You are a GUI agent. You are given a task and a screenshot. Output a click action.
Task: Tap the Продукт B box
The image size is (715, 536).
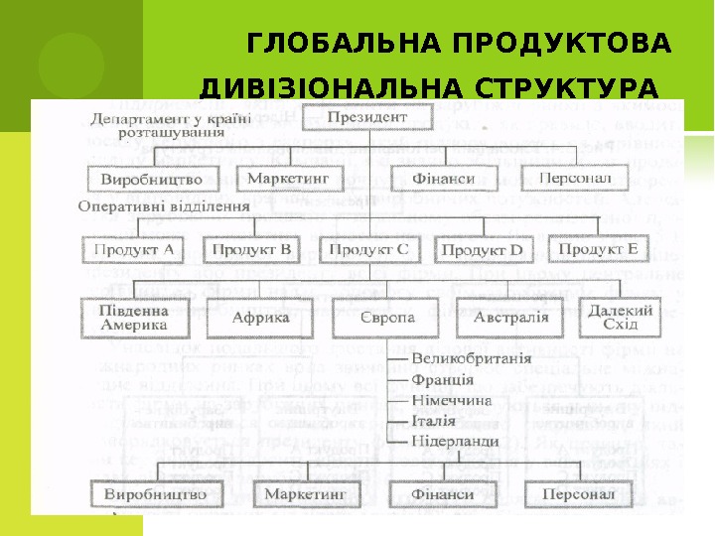point(251,249)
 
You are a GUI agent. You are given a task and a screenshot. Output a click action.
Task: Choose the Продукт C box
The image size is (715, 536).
point(367,249)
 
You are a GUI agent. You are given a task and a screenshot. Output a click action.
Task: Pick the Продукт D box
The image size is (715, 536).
point(481,250)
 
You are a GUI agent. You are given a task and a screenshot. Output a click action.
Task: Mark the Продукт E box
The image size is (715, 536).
point(598,248)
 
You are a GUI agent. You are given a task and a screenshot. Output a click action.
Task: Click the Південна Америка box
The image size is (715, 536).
point(134,318)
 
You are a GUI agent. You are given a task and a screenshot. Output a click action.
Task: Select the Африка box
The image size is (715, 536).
point(260,318)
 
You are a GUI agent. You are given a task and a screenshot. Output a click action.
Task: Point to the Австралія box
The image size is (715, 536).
point(510,318)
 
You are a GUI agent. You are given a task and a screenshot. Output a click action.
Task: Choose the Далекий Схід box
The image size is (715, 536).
point(621,318)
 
